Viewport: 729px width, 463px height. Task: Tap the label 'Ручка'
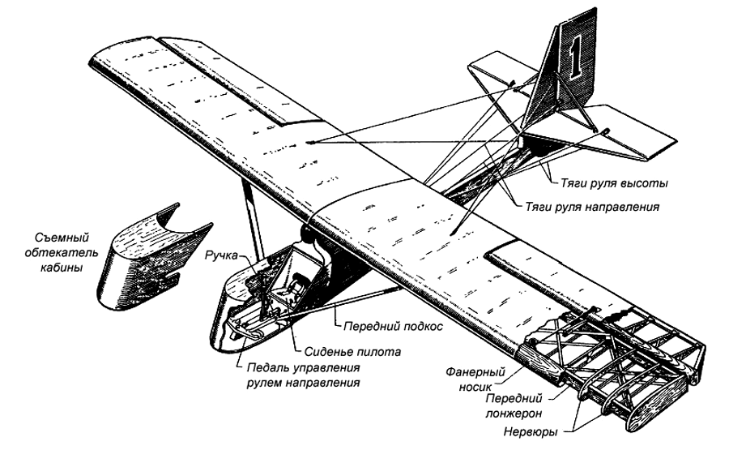click(x=224, y=255)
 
